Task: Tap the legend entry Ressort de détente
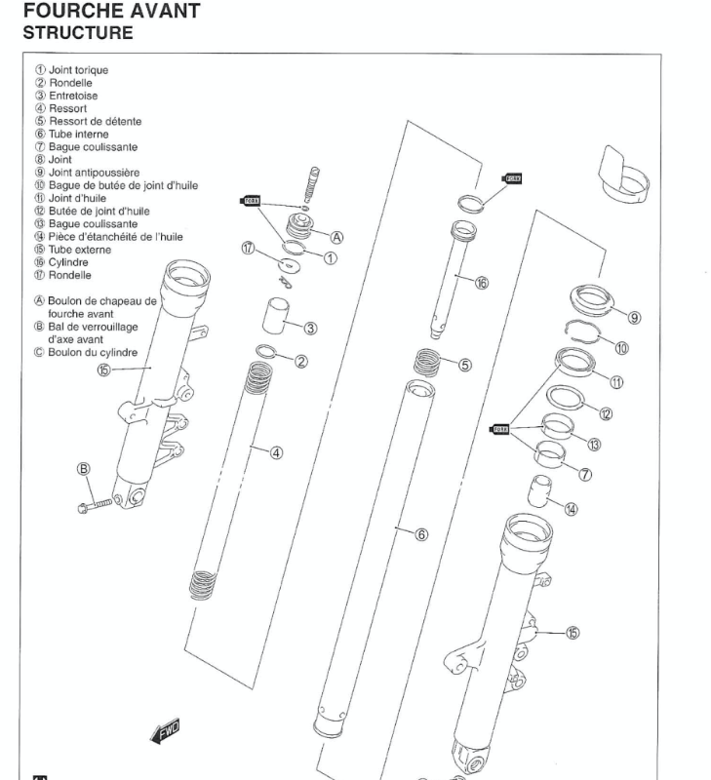point(95,121)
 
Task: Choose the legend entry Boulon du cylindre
point(96,351)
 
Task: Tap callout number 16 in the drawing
point(481,284)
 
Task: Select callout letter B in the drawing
point(85,468)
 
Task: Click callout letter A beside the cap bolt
point(337,236)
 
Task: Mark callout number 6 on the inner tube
point(421,534)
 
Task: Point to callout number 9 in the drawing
point(634,317)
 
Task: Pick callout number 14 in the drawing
point(571,508)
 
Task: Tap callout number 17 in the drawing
point(249,250)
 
